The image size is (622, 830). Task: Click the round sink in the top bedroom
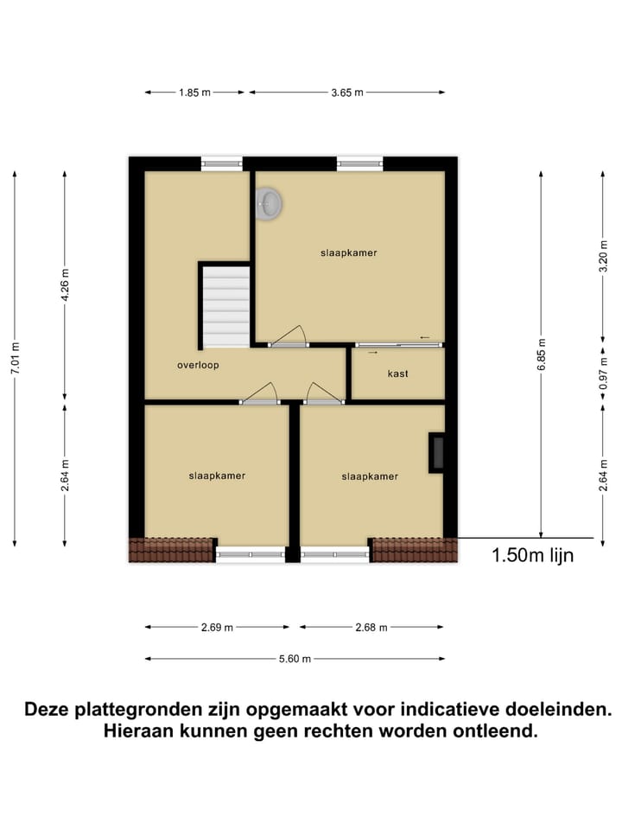coord(270,204)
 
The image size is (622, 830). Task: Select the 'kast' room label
coord(398,373)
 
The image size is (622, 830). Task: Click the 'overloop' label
coord(198,365)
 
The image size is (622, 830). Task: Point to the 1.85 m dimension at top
coord(194,93)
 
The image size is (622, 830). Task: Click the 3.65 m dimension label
coord(346,93)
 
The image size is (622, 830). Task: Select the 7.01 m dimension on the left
coord(16,358)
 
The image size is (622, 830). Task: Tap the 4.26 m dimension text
coord(65,285)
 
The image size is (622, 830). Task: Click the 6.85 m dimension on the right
coord(541,353)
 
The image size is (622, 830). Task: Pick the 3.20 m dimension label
coord(603,258)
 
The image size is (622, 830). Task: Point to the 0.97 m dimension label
coord(603,373)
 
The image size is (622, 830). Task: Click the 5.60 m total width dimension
coord(295,659)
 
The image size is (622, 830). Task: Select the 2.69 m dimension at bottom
coord(217,628)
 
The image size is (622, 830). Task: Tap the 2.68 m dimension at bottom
coord(371,628)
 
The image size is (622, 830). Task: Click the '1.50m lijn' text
coord(532,556)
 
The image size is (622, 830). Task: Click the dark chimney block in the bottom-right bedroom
coord(437,454)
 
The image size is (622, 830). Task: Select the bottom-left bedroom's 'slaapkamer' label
coord(217,476)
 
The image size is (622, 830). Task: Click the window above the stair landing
coord(223,161)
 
